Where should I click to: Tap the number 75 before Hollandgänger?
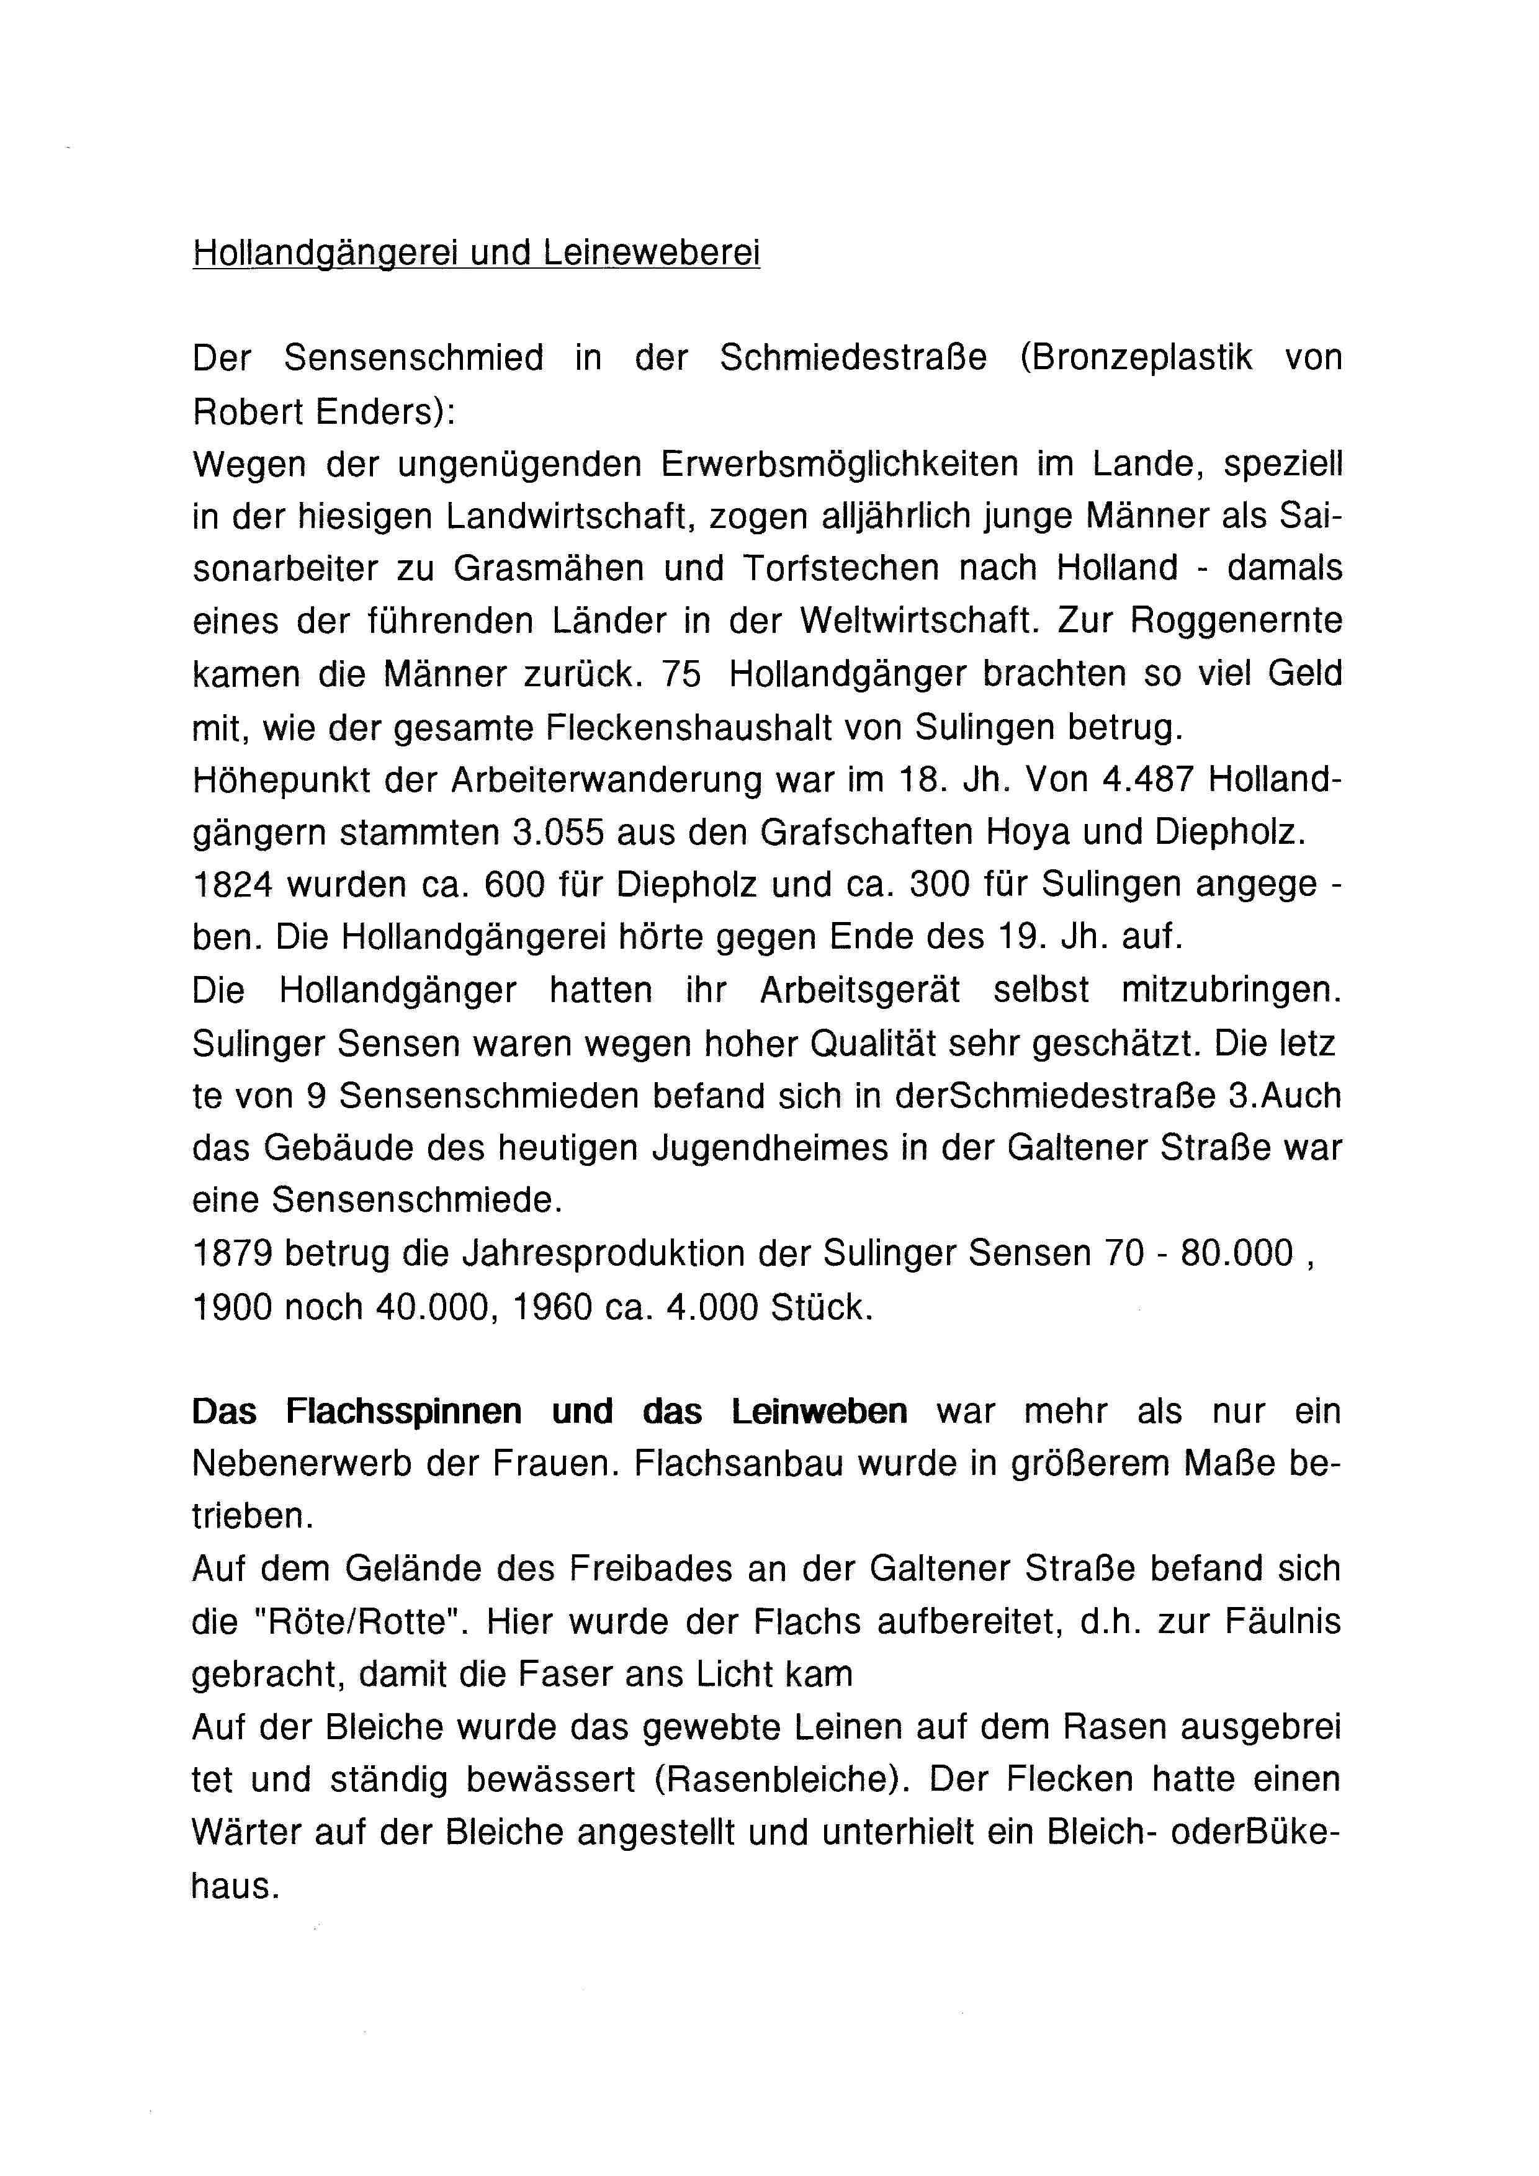tap(683, 675)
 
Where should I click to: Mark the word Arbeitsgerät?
tap(859, 990)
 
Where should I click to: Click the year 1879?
tap(232, 1254)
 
